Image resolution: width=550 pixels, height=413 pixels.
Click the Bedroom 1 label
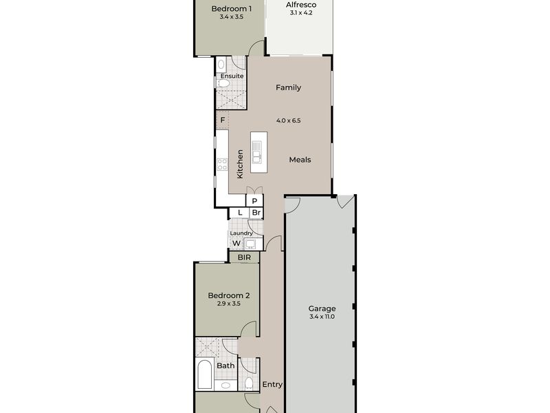(x=232, y=9)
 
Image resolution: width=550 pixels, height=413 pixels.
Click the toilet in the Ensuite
(x=223, y=83)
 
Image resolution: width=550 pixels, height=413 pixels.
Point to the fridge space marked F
(x=222, y=120)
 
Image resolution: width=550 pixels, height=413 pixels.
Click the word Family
(x=288, y=87)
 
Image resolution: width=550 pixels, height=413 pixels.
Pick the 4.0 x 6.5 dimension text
(x=289, y=120)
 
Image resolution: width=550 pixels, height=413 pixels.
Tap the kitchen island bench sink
(x=256, y=147)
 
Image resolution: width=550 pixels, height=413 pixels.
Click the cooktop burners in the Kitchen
(x=222, y=164)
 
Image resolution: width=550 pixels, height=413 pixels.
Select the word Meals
(x=300, y=160)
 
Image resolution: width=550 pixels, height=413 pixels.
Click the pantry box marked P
(x=254, y=201)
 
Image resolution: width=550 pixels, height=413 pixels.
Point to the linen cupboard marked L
(x=239, y=213)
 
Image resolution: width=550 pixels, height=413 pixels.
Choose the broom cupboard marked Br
(x=256, y=213)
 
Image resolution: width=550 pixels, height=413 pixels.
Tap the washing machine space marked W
(x=236, y=243)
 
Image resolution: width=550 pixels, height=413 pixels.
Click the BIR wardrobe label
(x=244, y=257)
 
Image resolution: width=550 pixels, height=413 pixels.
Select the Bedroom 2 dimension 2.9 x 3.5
(x=229, y=304)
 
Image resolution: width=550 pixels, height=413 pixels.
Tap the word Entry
(x=272, y=385)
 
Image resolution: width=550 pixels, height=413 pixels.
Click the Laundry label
(x=241, y=233)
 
